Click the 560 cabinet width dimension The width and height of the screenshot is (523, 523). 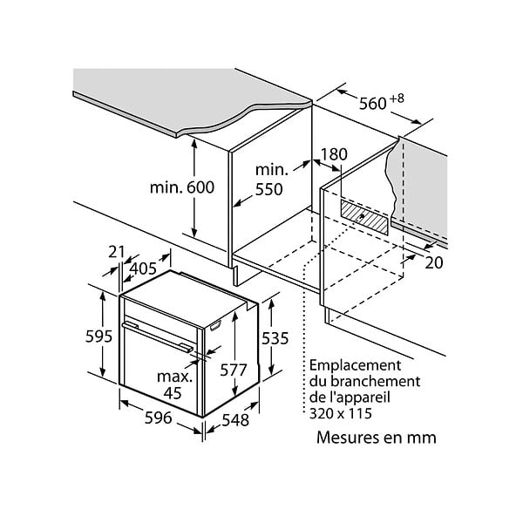coord(372,104)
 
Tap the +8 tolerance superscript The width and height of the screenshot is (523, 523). coord(397,98)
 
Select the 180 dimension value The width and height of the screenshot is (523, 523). coord(334,154)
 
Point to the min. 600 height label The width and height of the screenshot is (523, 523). coord(182,187)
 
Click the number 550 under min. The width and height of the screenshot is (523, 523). coord(268,189)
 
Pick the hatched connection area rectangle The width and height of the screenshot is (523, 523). coord(364,217)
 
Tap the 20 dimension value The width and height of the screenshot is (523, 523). coord(434,263)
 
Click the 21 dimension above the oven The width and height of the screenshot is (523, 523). coord(116,252)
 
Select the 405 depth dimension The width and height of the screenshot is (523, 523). coord(143,268)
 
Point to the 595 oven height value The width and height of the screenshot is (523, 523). coord(98,336)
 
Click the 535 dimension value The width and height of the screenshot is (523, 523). coord(275,339)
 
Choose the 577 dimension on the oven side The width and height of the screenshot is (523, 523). coord(233,370)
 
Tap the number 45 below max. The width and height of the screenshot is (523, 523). coord(173,393)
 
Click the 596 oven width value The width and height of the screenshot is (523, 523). coord(158,418)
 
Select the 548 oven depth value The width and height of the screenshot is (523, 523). coord(235,420)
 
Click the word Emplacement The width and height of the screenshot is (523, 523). coord(355,365)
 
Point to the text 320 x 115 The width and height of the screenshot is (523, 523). coord(341,413)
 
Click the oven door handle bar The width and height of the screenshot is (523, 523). coord(157,336)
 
